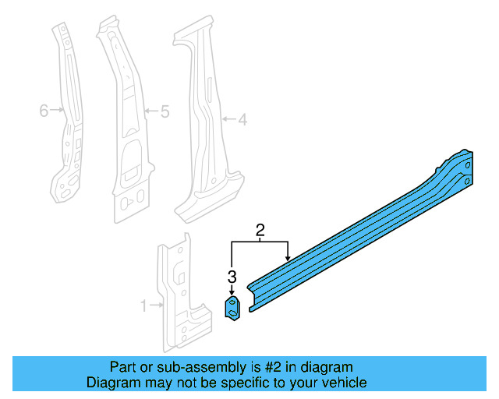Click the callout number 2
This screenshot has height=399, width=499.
(x=260, y=230)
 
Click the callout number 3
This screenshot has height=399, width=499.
(x=232, y=276)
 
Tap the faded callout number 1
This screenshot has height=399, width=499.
(x=143, y=306)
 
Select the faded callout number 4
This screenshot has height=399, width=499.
(x=242, y=120)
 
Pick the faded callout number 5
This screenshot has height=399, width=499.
(x=164, y=111)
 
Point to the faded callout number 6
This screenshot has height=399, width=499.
(x=44, y=111)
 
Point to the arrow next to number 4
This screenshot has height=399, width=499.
(x=228, y=120)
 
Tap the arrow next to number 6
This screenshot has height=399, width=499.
(x=57, y=111)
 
